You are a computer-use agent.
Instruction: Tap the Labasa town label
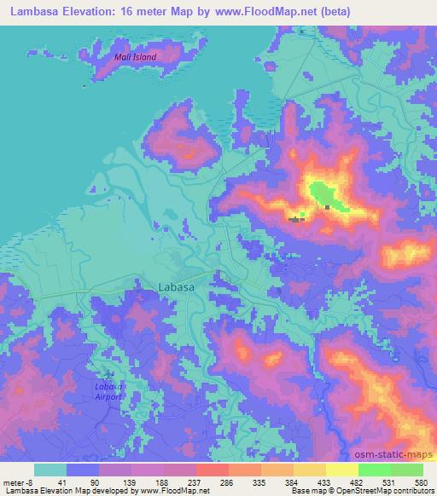tap(177, 288)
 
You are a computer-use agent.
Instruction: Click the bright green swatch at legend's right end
tap(406, 470)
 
